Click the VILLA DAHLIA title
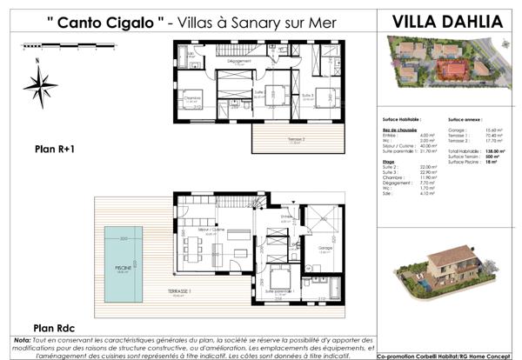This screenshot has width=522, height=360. (447, 21)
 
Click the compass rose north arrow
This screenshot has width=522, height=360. (40, 84)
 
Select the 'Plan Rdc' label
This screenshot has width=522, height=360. (51, 328)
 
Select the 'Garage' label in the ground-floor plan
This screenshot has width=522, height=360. (325, 247)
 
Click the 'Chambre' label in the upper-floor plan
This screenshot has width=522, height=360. (193, 98)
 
